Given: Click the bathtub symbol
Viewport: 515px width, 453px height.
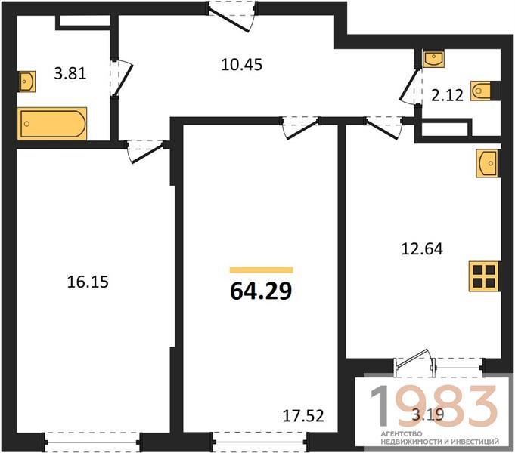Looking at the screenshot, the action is tap(52, 124).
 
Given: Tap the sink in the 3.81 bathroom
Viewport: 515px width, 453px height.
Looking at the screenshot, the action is tap(26, 82).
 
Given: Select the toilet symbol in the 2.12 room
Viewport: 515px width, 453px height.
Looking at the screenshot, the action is tap(482, 91).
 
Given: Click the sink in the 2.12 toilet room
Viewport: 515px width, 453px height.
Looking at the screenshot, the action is tap(433, 59).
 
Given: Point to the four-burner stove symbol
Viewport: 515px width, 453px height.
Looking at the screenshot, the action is tap(484, 276).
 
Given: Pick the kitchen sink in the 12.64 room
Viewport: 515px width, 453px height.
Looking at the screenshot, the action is tap(488, 163).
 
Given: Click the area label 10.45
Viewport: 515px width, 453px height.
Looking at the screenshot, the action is tap(242, 65).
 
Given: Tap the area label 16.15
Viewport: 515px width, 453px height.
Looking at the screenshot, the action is tap(88, 282).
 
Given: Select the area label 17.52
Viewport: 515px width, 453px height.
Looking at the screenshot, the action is tap(303, 415).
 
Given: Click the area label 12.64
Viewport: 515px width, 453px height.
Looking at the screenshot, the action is tap(422, 248).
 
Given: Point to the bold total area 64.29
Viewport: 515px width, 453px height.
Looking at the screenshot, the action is tap(261, 291).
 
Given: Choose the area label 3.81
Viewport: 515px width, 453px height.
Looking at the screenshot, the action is tap(70, 73).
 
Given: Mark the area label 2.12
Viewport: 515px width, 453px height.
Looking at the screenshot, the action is tap(447, 95).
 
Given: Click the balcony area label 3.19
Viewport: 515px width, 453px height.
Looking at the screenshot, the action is tap(428, 415).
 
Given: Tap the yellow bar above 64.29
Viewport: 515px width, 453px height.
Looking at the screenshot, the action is tap(261, 270).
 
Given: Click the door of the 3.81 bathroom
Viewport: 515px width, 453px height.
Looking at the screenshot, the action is tap(121, 78).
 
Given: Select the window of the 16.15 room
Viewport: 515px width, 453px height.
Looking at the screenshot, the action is tap(92, 442).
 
